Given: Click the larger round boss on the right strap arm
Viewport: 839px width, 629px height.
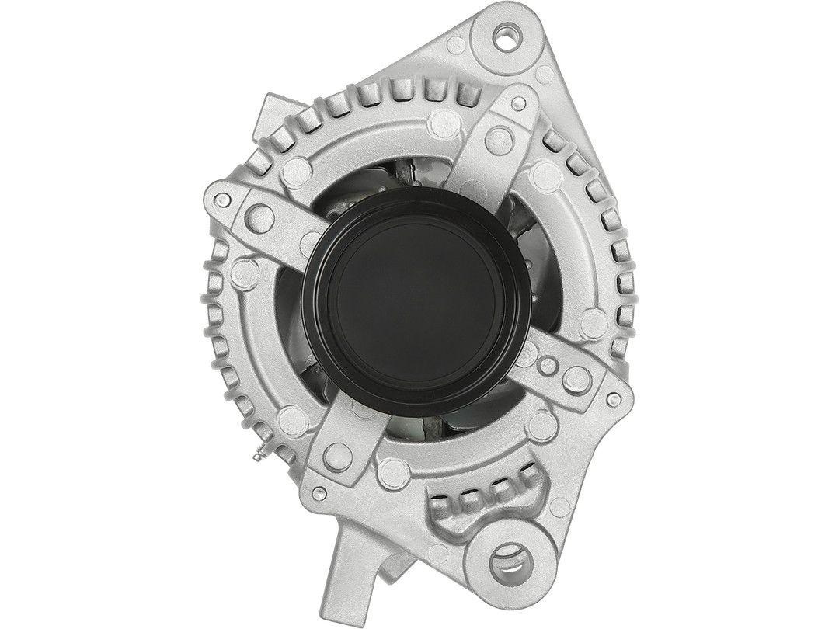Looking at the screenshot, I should [574, 377].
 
